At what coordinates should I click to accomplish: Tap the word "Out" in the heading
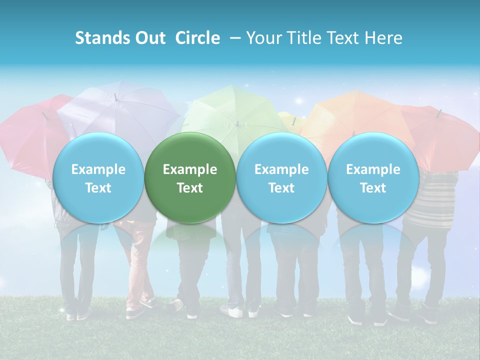[148, 38]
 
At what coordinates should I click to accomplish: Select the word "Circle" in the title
[197, 38]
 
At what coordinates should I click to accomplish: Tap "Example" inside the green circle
[190, 169]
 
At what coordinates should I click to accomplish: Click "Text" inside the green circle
[190, 188]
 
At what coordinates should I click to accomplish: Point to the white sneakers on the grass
[235, 311]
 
